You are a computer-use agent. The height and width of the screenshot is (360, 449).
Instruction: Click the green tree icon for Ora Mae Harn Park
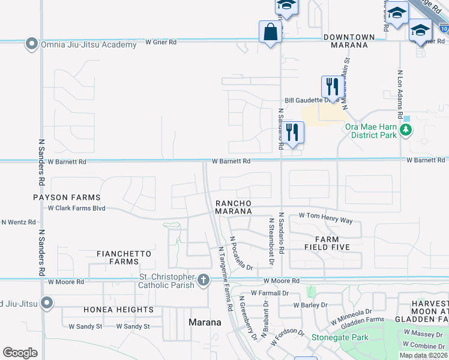pos(407,130)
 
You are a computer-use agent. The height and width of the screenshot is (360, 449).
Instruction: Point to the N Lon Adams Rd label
pos(400,92)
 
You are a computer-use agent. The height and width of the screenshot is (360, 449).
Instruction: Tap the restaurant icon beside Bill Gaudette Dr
pos(331,86)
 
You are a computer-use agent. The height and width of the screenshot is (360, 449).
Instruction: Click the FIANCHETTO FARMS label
pos(124,257)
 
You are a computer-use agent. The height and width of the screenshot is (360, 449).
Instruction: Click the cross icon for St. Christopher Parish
pos(203,280)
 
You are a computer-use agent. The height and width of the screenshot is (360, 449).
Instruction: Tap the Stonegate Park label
pos(339,337)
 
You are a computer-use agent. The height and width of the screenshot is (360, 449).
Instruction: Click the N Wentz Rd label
pos(18,222)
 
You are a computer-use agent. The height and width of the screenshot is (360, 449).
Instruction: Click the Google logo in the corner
pos(20,352)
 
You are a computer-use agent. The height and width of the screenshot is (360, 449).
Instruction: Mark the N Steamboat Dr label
pos(270,239)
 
